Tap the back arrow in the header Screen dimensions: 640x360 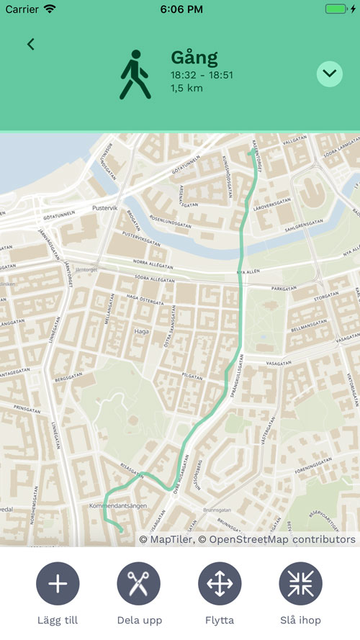tap(30, 44)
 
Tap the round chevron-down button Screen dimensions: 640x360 tap(329, 73)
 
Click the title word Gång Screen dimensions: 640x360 tap(194, 58)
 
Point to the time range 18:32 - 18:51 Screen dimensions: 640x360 tap(203, 76)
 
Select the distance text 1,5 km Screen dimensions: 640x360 tap(186, 89)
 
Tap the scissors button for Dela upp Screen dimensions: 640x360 tap(138, 584)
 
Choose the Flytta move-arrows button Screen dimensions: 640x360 tap(220, 584)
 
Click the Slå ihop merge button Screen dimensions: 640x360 tap(300, 584)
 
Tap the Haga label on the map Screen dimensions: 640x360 tap(141, 332)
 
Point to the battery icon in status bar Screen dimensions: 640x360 tap(336, 9)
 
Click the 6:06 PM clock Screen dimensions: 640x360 tap(180, 9)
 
